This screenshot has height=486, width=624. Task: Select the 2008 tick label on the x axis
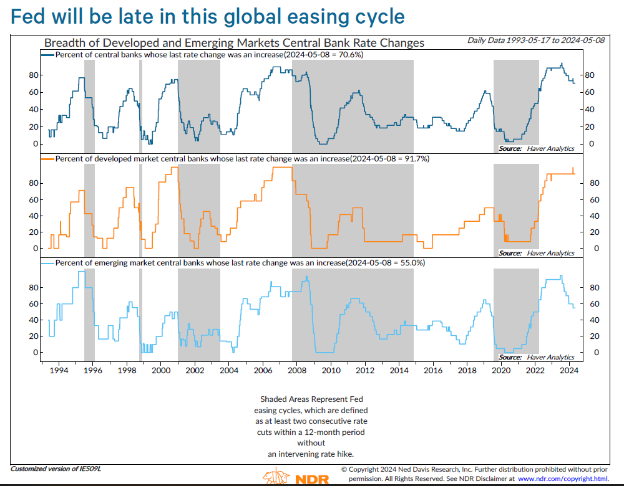pyautogui.click(x=297, y=371)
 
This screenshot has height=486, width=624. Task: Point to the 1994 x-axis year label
pyautogui.click(x=59, y=371)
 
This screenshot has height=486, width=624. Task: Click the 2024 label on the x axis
pyautogui.click(x=569, y=371)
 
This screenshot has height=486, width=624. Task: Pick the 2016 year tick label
pyautogui.click(x=433, y=371)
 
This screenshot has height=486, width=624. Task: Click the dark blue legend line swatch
pyautogui.click(x=48, y=55)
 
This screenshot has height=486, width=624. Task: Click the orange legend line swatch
pyautogui.click(x=48, y=159)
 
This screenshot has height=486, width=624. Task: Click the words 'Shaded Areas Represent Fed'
pyautogui.click(x=311, y=399)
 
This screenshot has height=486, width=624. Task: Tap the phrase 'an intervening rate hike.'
pyautogui.click(x=311, y=454)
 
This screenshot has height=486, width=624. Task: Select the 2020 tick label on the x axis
pyautogui.click(x=501, y=371)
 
